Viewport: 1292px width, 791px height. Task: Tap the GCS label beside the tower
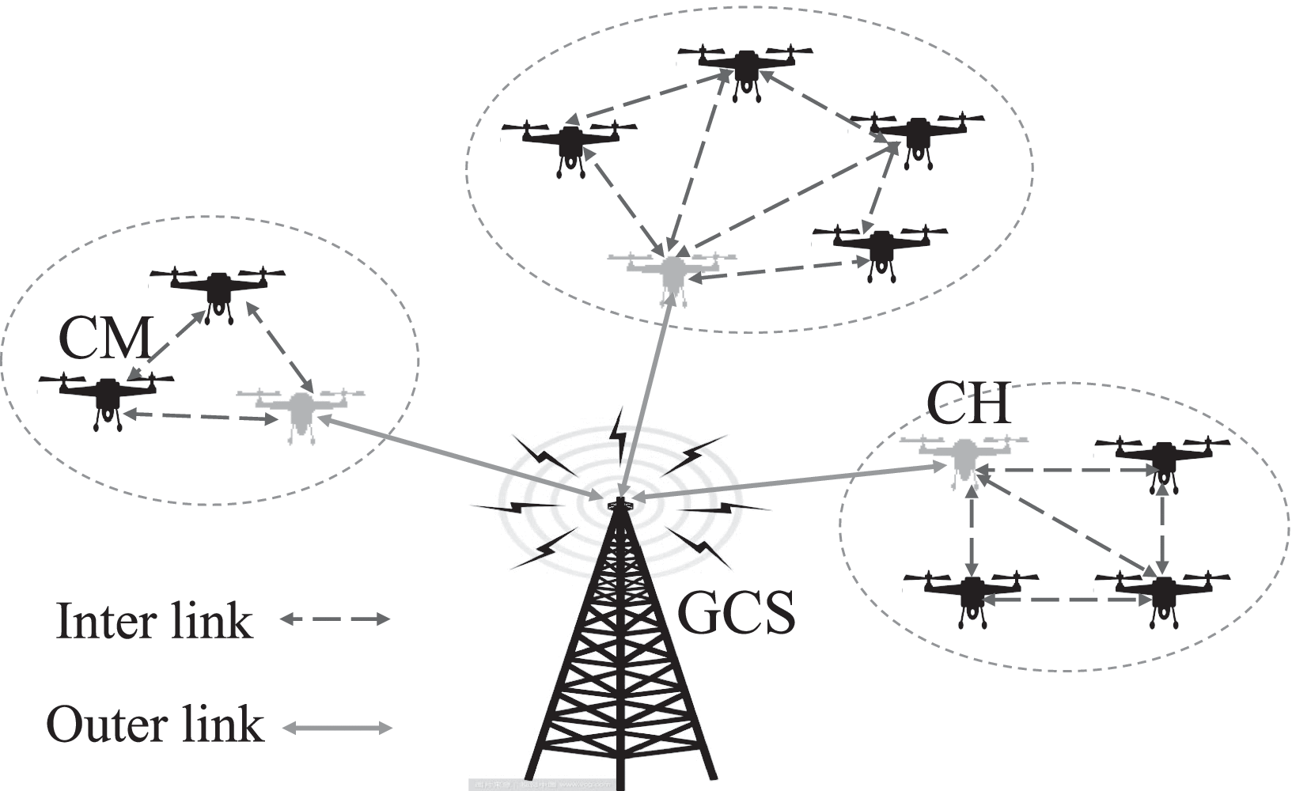pyautogui.click(x=736, y=614)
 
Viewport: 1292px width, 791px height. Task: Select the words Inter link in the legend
pyautogui.click(x=154, y=622)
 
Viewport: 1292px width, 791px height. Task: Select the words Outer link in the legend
pyautogui.click(x=154, y=725)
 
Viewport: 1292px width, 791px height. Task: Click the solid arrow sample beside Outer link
pyautogui.click(x=337, y=728)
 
